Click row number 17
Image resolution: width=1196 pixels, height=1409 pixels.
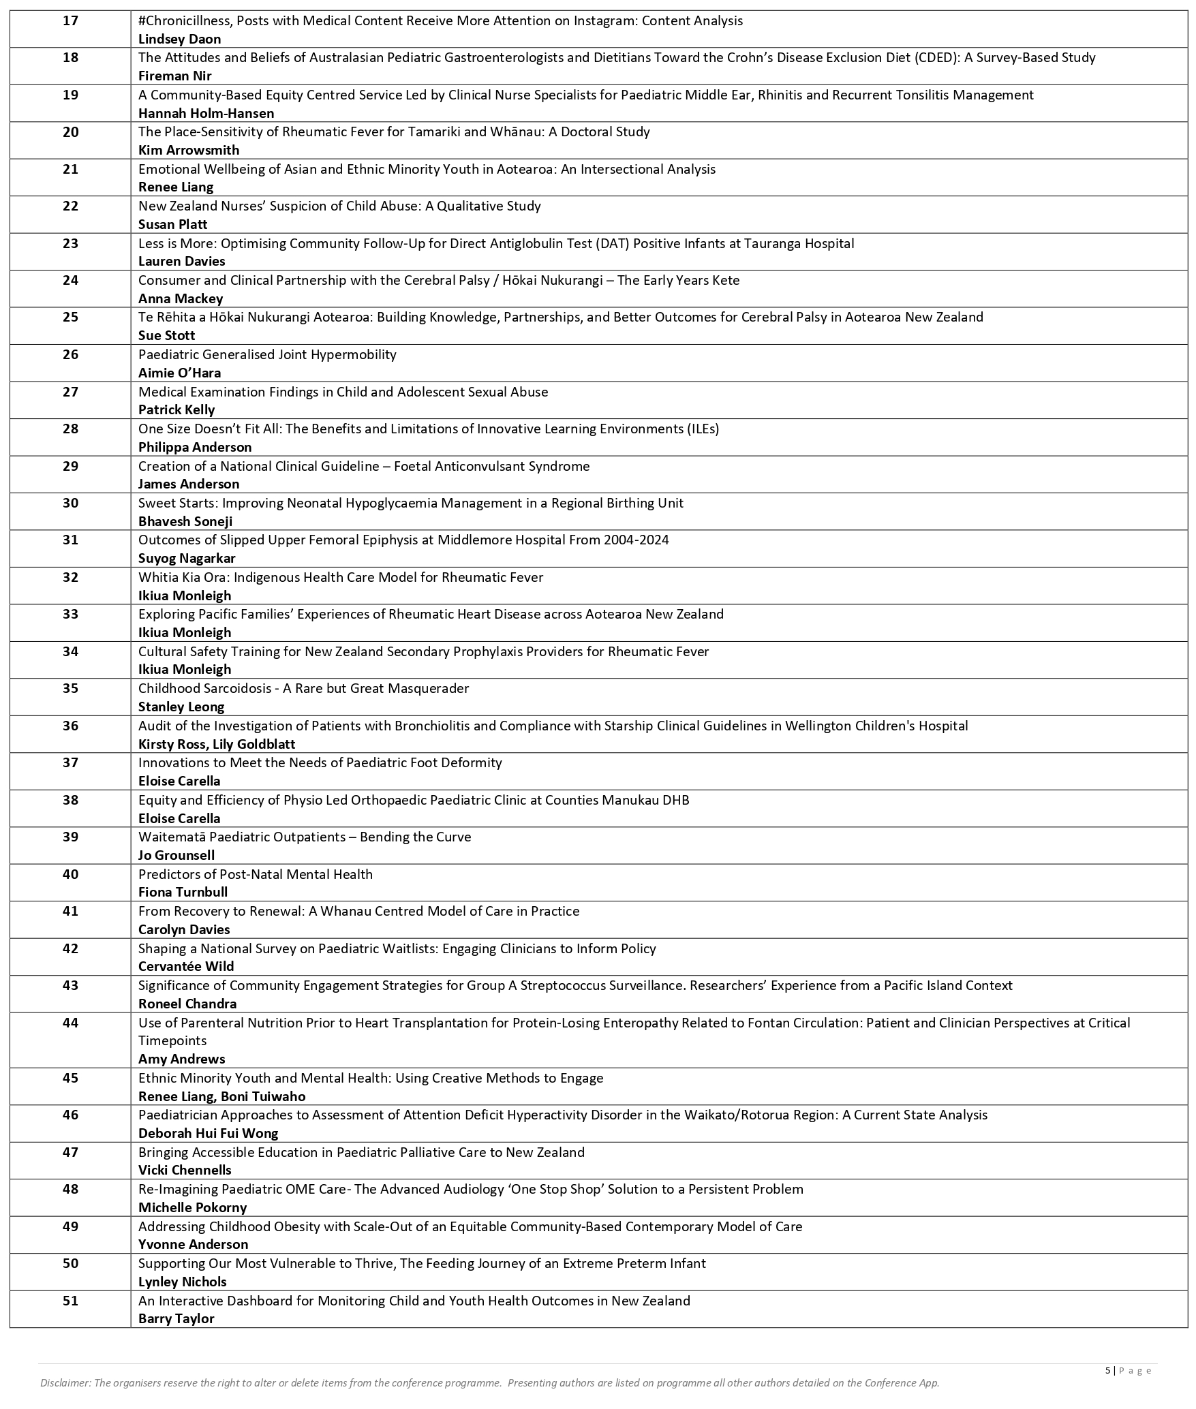(x=70, y=21)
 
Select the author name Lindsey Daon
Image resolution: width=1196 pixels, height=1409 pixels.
(x=179, y=40)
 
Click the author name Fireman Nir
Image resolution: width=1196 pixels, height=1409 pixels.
(x=175, y=76)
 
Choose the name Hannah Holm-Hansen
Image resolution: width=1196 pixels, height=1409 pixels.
(x=206, y=114)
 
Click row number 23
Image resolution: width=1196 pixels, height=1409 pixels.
(x=70, y=244)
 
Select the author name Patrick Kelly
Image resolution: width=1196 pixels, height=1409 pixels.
(x=177, y=410)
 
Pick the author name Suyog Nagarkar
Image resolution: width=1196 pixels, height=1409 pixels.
(x=187, y=559)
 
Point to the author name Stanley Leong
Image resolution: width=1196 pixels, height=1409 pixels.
(x=181, y=707)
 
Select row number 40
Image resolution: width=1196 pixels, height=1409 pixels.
(x=70, y=875)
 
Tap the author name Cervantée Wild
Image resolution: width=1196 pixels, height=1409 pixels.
(x=186, y=967)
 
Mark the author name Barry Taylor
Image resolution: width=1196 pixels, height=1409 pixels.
(x=176, y=1319)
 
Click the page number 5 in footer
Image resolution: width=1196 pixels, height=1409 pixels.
(x=1107, y=1371)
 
